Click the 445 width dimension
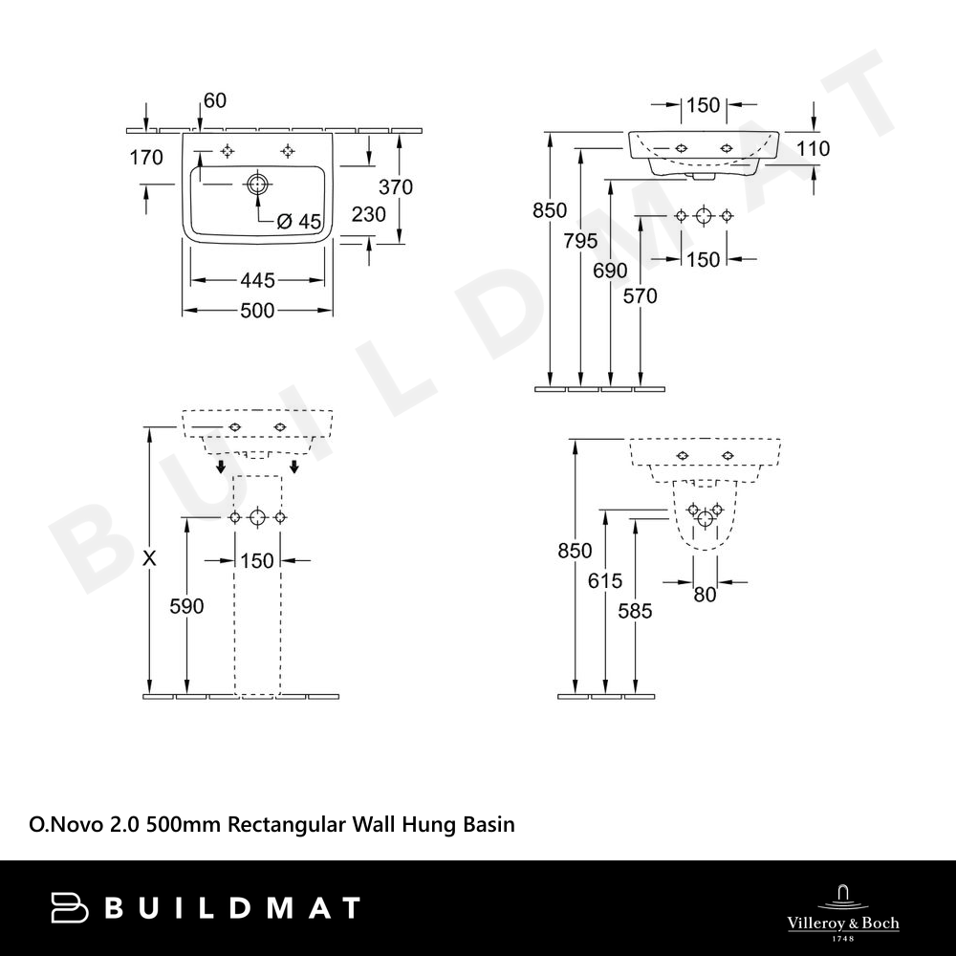tap(257, 280)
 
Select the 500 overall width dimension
tap(257, 311)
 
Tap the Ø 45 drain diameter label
tap(298, 222)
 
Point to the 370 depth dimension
tap(396, 187)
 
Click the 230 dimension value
tap(369, 214)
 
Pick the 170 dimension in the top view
tap(146, 158)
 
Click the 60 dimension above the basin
tap(214, 100)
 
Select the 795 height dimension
tap(580, 242)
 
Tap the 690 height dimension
tap(610, 271)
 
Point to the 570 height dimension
tap(641, 296)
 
